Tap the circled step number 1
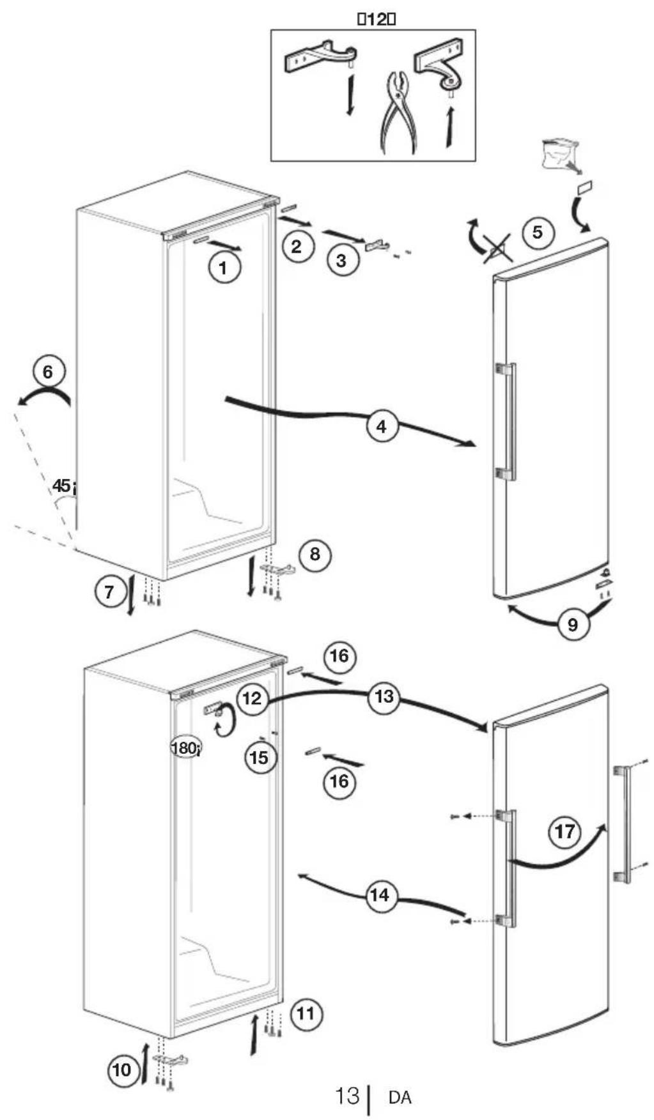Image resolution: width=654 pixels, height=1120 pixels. [223, 268]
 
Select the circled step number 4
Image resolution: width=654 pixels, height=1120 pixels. [382, 426]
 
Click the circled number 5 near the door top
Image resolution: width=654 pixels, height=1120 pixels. [538, 232]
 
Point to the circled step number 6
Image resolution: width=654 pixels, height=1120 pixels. [49, 371]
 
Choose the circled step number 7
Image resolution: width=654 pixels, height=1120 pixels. [109, 592]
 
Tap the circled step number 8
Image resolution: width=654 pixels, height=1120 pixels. [315, 553]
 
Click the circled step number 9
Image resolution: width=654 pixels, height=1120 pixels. [572, 623]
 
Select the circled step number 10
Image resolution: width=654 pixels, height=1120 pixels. [122, 1070]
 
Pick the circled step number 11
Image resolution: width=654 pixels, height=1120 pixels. [306, 1013]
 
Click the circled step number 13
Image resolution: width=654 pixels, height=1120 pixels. [384, 696]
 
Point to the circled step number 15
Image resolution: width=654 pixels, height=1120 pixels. [260, 758]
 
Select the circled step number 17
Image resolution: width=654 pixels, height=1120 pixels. [565, 832]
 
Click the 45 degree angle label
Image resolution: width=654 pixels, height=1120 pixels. [64, 486]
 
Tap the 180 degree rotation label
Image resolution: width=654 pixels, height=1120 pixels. [185, 746]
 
